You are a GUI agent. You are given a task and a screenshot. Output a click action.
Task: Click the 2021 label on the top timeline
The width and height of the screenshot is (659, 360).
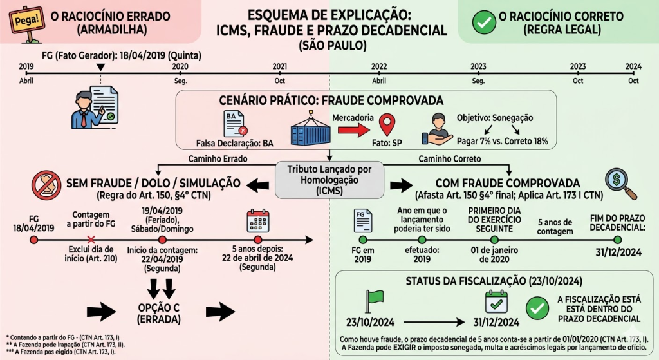279,66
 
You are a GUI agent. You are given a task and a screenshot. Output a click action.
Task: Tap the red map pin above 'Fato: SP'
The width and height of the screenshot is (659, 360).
386,124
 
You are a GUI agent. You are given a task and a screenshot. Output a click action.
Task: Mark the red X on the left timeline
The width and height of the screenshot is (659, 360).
91,240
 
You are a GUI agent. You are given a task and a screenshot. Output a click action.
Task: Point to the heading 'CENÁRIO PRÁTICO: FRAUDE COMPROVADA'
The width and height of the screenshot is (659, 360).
328,100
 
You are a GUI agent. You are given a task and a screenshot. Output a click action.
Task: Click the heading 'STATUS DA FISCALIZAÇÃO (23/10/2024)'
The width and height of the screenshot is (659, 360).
494,281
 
